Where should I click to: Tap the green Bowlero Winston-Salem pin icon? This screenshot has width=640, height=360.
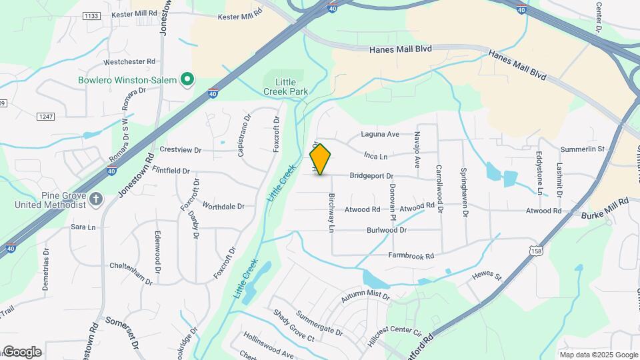188,80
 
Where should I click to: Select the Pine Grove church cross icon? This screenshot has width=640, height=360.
96,199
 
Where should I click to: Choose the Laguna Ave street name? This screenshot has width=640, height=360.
380,134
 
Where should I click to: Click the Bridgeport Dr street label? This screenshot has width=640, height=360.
371,176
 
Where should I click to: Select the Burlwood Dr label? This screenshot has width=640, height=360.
387,230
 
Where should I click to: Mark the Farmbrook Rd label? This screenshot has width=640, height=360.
411,255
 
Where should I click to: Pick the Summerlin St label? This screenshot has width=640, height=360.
582,149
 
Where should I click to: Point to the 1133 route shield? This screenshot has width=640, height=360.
91,15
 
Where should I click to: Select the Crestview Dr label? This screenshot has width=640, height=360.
180,150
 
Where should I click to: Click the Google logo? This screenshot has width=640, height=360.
22,352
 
